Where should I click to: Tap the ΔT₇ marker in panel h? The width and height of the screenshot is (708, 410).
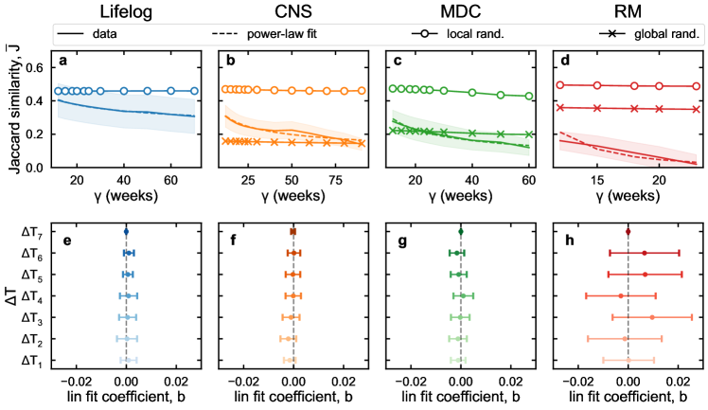pos(628,232)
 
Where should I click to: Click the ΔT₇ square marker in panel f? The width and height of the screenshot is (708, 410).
pos(293,232)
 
